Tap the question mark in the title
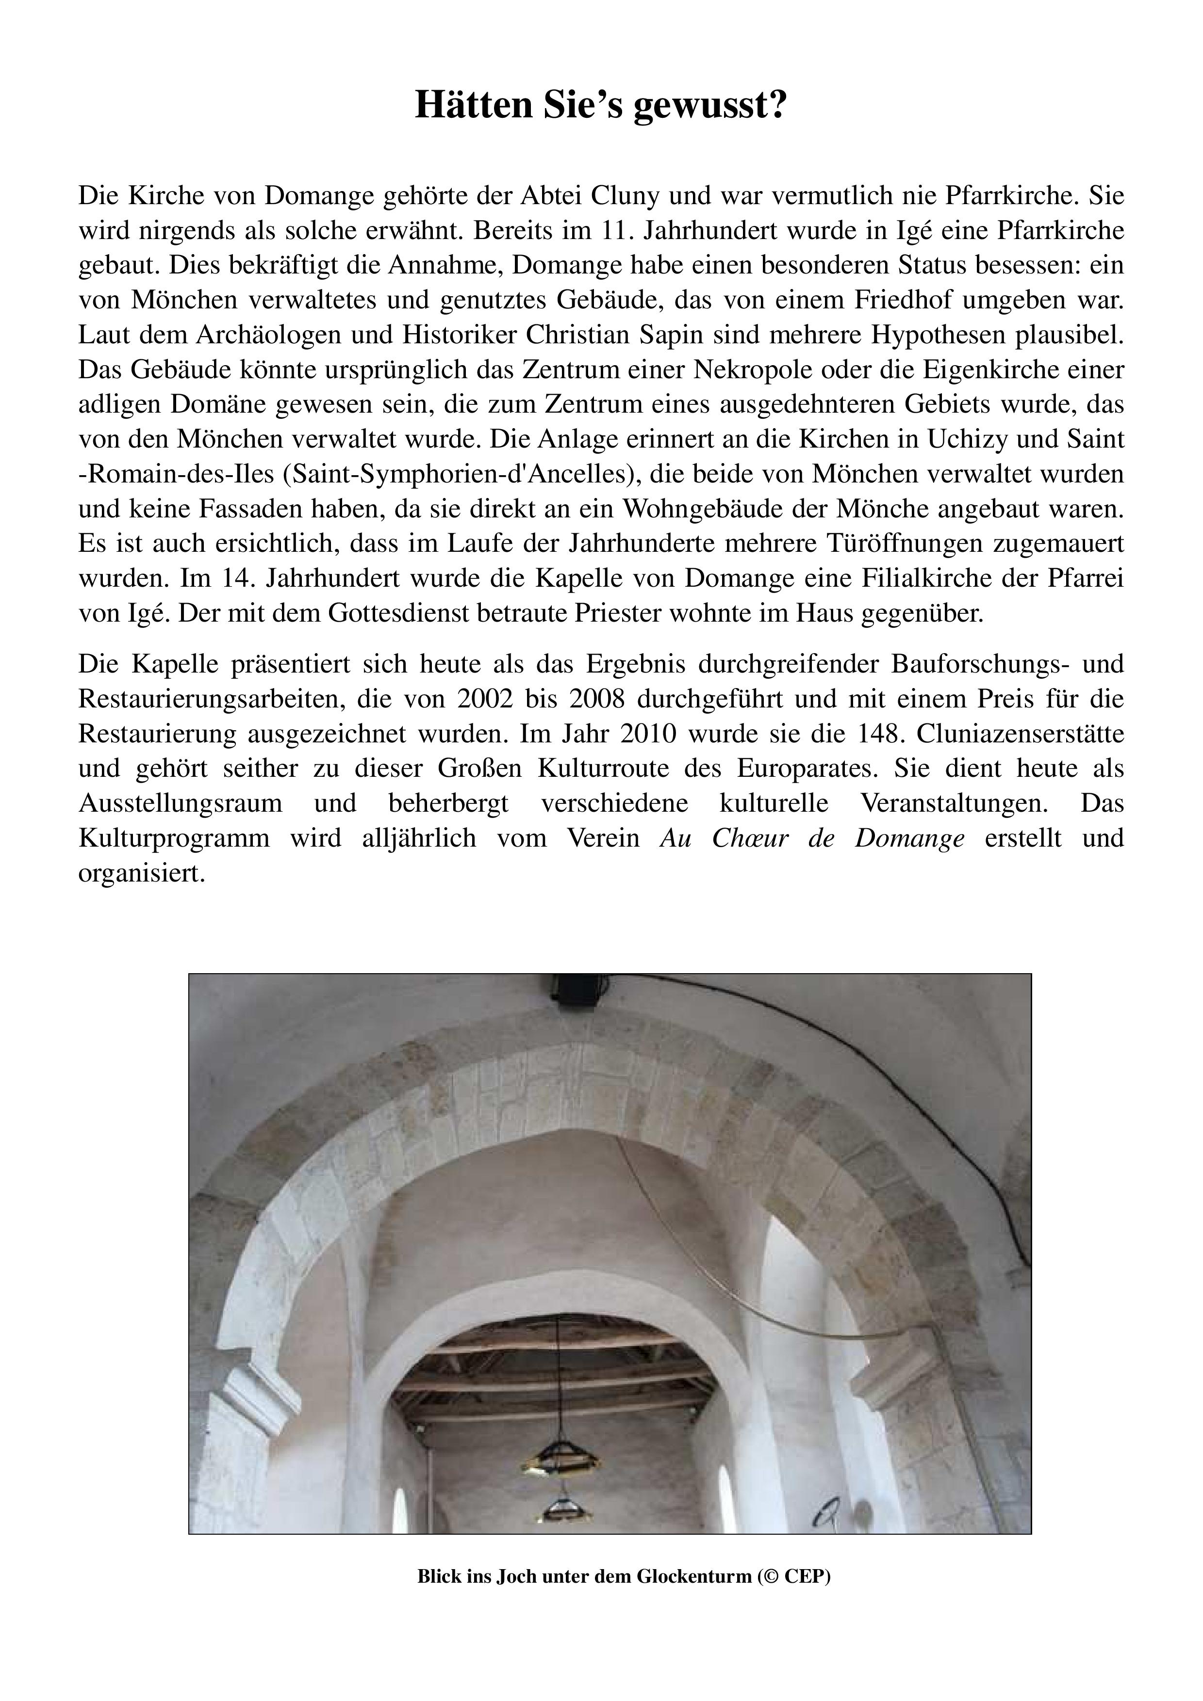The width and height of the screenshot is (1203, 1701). coord(777,105)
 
